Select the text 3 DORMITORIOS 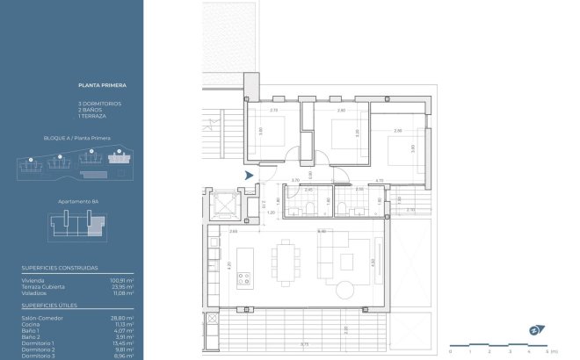(x=99, y=104)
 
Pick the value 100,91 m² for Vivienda (x=122, y=280)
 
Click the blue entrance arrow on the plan (x=250, y=176)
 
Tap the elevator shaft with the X (x=226, y=206)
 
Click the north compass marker (x=534, y=330)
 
